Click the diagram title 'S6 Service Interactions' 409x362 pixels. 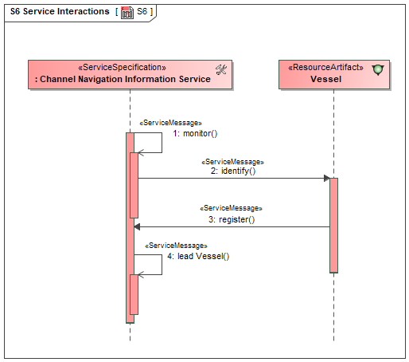[60, 11]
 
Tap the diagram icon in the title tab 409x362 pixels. [127, 13]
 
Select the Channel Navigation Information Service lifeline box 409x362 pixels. [130, 74]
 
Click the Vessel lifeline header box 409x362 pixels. [334, 74]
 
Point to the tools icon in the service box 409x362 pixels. [221, 70]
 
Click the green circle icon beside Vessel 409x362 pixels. [378, 70]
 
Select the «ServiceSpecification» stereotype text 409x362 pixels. [122, 68]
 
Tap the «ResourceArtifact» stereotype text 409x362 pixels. [325, 68]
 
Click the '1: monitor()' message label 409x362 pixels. [195, 133]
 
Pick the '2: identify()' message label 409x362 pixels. [233, 171]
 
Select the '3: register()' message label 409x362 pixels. [232, 219]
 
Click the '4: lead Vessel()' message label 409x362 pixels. [198, 256]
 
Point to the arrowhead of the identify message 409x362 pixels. [327, 179]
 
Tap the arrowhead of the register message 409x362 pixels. [137, 227]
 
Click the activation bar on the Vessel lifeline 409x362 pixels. [333, 226]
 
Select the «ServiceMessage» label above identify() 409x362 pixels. [232, 162]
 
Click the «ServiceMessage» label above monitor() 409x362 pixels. [170, 123]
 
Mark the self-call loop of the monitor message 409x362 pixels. [162, 143]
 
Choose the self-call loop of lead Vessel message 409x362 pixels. [162, 265]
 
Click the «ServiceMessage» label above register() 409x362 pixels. [231, 208]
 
